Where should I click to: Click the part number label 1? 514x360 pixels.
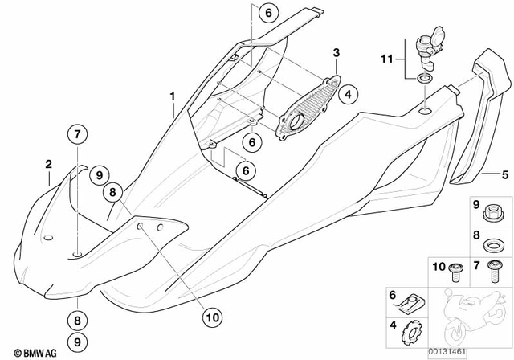click(x=172, y=96)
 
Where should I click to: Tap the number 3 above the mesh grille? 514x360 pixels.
click(x=337, y=53)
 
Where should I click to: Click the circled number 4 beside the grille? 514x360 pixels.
click(x=347, y=95)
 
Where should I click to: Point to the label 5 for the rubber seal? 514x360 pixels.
click(x=505, y=173)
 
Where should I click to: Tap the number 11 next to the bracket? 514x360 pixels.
click(x=385, y=59)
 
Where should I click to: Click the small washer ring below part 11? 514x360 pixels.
click(x=422, y=80)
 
